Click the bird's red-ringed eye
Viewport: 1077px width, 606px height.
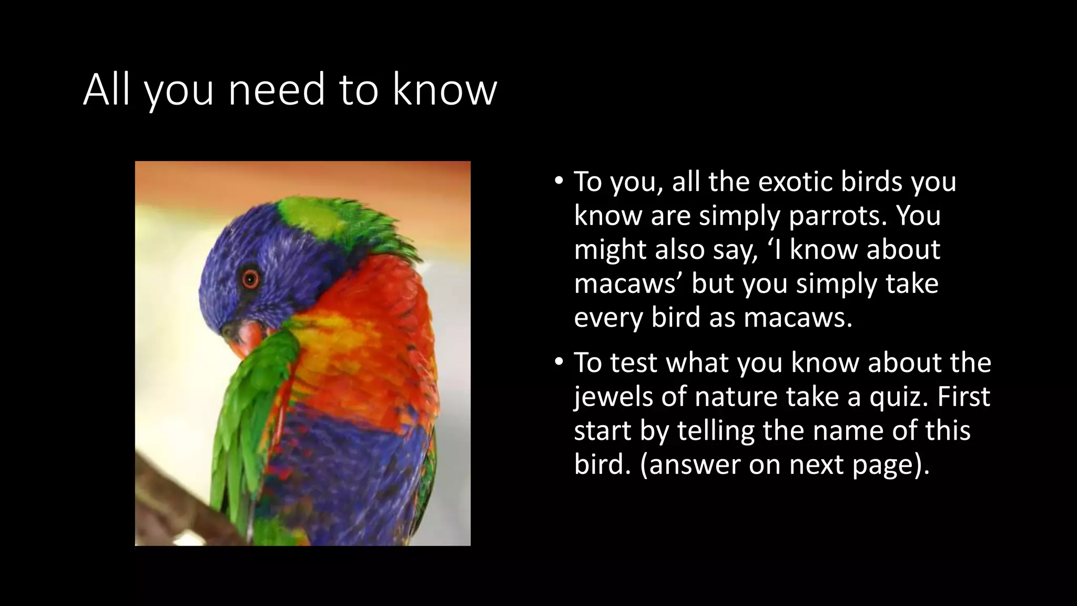(x=251, y=278)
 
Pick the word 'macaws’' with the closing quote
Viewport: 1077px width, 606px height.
(x=628, y=284)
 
